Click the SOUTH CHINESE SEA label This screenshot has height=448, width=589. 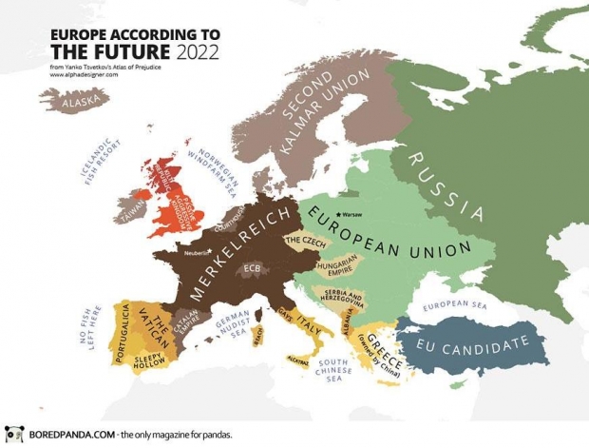coord(334,371)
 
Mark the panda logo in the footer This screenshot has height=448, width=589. coord(13,435)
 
